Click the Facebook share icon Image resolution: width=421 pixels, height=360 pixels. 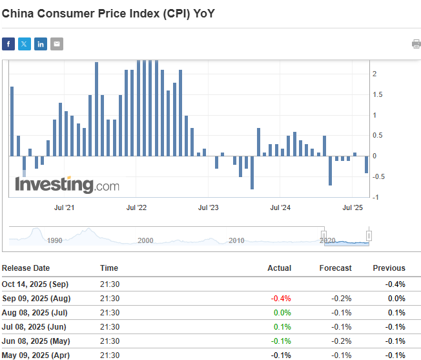[x=8, y=44]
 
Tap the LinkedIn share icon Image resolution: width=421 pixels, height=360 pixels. [x=41, y=44]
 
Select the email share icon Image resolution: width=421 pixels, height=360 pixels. [x=57, y=44]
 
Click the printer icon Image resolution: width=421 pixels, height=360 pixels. [x=416, y=44]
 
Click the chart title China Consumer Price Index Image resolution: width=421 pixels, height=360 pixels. [x=107, y=12]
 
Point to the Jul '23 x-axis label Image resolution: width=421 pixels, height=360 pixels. [x=209, y=207]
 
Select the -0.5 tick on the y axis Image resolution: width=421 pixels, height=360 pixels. [x=380, y=176]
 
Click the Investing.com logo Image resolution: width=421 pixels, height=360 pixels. [x=67, y=185]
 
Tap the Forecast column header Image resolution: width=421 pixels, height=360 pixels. [x=335, y=268]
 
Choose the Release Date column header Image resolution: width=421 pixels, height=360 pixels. [x=26, y=268]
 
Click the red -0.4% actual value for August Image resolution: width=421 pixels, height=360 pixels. [x=282, y=299]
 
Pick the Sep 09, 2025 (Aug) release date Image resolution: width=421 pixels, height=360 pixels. [x=36, y=299]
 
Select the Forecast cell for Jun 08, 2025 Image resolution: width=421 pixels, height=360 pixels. [x=342, y=341]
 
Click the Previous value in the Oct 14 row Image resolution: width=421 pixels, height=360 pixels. [x=395, y=284]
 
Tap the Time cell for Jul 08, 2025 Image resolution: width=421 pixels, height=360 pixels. [x=110, y=327]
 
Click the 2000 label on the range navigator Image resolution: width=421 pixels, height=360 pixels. [x=145, y=240]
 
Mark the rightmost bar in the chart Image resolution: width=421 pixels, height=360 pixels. [x=366, y=164]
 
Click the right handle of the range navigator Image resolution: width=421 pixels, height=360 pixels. [x=369, y=235]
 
